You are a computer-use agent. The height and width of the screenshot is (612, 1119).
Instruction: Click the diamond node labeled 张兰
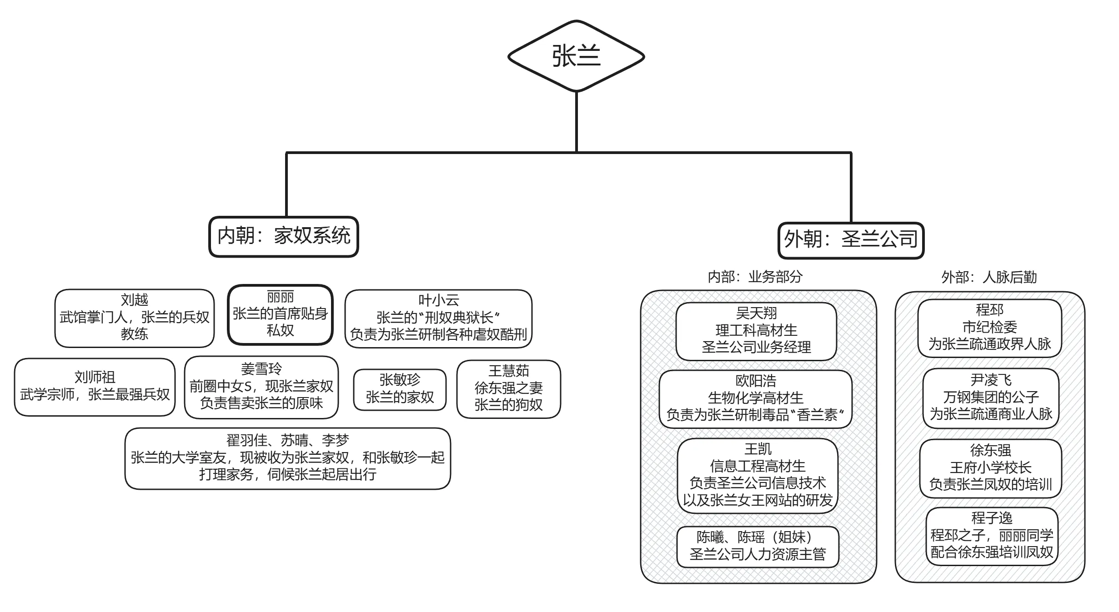(x=576, y=56)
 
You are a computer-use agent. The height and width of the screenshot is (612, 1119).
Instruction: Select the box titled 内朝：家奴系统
(x=284, y=237)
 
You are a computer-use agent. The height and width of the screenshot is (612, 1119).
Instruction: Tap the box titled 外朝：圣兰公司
(x=851, y=240)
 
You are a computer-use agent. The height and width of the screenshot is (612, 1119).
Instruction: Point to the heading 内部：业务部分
(x=755, y=277)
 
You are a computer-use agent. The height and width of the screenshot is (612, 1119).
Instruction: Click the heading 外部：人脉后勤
(x=989, y=277)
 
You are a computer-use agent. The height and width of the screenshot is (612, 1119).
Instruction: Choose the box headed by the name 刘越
(x=135, y=318)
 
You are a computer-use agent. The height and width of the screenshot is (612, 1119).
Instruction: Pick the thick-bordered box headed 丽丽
(x=281, y=314)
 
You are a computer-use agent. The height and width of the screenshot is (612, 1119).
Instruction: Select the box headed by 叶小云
(x=438, y=318)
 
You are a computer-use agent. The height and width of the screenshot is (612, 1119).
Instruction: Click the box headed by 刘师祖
(x=95, y=387)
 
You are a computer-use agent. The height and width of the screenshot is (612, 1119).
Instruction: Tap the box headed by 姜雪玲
(x=261, y=387)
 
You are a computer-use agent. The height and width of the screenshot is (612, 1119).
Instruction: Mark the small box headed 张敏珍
(x=400, y=389)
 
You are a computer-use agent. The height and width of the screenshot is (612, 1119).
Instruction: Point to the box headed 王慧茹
(x=509, y=389)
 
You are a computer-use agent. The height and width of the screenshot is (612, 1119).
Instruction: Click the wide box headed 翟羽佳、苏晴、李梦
(x=288, y=458)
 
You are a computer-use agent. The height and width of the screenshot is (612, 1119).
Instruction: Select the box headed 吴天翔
(x=756, y=331)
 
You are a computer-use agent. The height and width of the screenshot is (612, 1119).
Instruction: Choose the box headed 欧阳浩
(x=755, y=399)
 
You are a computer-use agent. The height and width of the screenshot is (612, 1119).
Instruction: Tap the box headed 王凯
(x=758, y=476)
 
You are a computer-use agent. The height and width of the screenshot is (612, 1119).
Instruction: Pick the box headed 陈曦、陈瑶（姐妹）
(x=758, y=547)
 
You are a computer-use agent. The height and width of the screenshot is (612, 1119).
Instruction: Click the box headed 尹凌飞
(x=991, y=398)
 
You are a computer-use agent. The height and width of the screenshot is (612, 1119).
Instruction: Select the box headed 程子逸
(x=992, y=536)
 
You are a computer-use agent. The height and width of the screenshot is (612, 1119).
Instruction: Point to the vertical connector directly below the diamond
(x=576, y=122)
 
